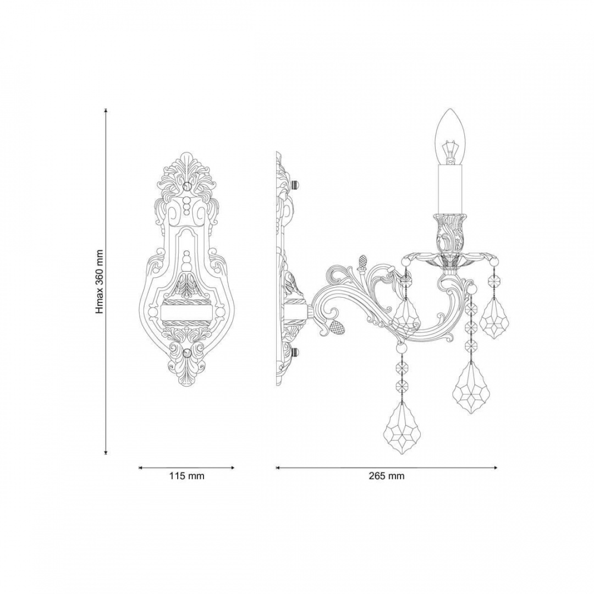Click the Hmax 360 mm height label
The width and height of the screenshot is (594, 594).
pos(100,282)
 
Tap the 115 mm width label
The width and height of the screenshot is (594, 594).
pos(187,476)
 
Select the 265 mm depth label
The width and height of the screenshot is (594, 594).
pos(387,476)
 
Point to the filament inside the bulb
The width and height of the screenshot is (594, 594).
pos(450,152)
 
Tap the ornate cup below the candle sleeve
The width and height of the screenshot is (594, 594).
pos(450,233)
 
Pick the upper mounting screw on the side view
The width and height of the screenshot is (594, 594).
pos(295,184)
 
